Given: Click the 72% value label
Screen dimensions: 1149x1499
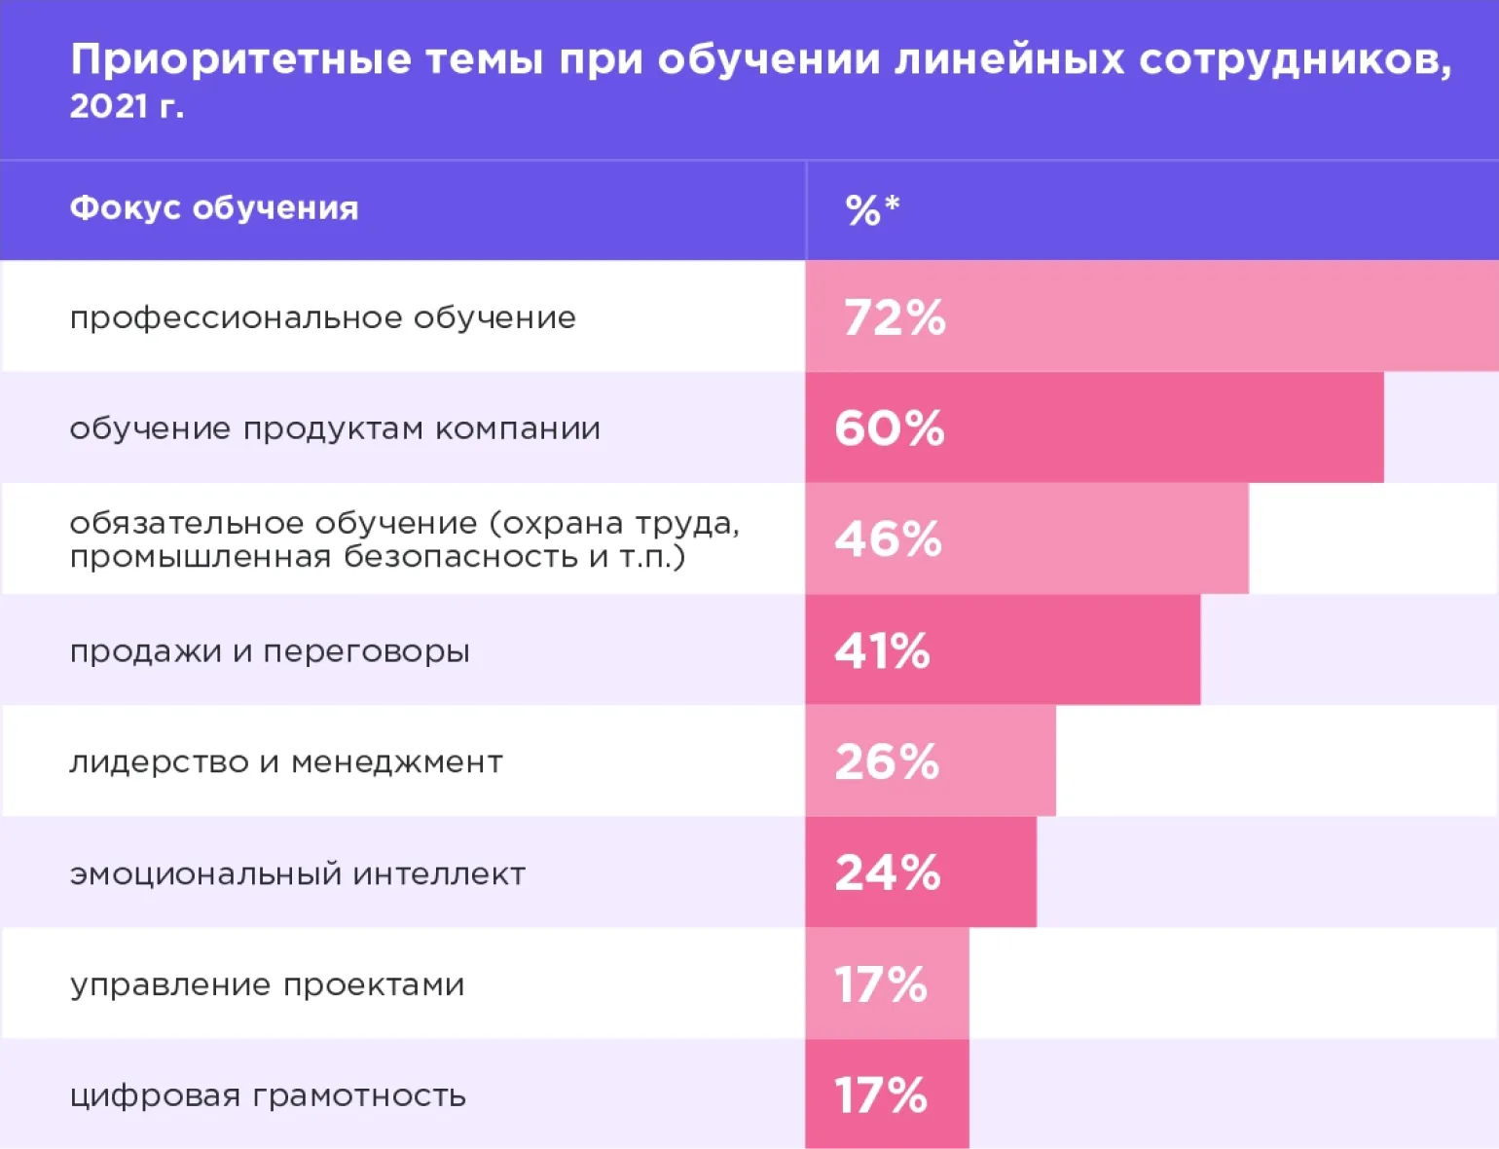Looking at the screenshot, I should tap(895, 317).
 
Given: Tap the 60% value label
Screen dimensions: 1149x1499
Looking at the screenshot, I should tap(890, 428).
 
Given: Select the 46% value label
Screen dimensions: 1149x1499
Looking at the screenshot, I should tap(888, 539).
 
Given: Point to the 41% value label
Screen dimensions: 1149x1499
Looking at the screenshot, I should tap(882, 650).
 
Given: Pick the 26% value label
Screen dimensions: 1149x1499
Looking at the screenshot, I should tap(887, 761).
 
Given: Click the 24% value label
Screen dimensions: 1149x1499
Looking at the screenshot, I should tap(888, 872).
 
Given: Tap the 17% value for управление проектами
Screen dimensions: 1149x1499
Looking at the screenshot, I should tap(881, 984).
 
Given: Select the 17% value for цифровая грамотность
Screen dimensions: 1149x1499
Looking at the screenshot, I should tap(881, 1095).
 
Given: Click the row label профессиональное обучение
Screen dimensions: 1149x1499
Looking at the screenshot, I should tap(322, 317).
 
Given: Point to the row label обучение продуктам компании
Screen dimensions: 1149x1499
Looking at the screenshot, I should tap(335, 428).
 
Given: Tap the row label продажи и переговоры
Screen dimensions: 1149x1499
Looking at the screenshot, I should tap(270, 650).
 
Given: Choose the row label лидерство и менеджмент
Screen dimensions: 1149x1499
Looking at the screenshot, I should tap(286, 761).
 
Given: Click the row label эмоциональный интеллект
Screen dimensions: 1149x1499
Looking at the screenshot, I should tap(297, 873).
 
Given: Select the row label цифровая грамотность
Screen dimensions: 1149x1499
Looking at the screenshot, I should tap(268, 1095).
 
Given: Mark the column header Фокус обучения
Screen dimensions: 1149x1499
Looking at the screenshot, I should tap(214, 208).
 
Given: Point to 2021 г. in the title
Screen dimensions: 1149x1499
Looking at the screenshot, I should tap(127, 106).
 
